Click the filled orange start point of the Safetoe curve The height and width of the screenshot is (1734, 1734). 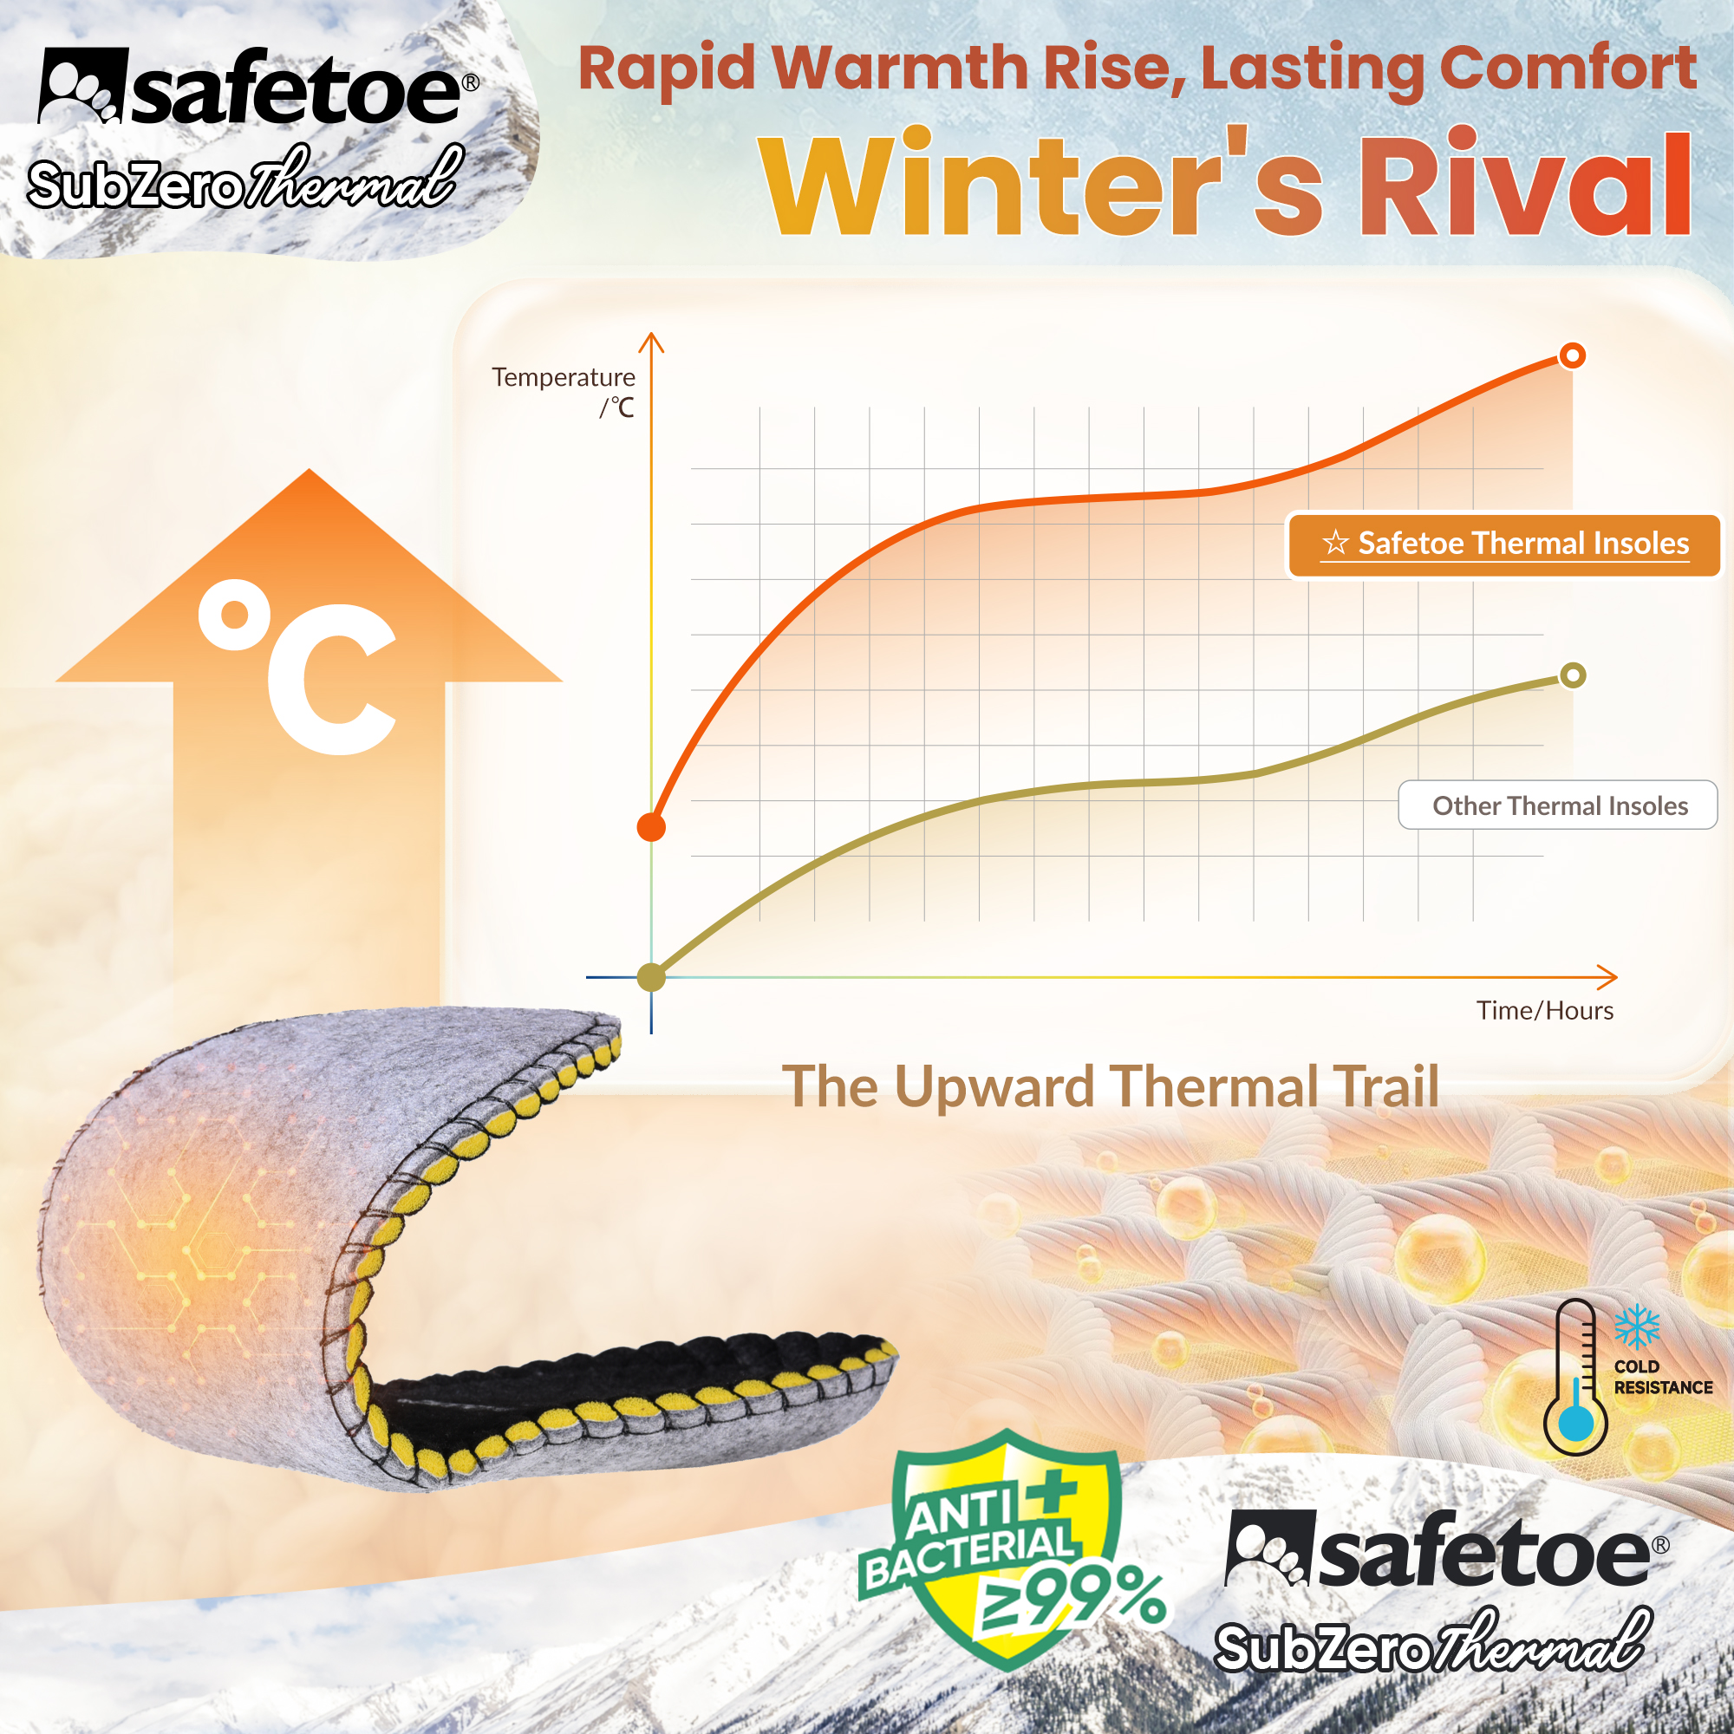click(651, 826)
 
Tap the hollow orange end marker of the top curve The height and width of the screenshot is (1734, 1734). click(1572, 355)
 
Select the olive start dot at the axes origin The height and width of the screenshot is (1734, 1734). click(651, 976)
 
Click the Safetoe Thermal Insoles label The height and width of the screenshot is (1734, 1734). click(1504, 544)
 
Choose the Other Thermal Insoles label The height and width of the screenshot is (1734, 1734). click(1558, 805)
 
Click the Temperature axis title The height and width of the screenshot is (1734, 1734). click(563, 378)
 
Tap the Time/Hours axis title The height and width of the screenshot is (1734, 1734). click(1545, 1011)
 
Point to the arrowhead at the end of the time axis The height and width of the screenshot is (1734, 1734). click(1609, 976)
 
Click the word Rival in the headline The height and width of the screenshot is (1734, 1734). click(1525, 186)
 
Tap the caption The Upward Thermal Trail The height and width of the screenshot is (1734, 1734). click(1111, 1087)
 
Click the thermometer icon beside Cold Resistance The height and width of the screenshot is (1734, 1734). click(1575, 1378)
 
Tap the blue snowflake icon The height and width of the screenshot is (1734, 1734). click(1637, 1327)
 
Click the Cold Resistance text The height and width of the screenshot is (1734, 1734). click(1662, 1377)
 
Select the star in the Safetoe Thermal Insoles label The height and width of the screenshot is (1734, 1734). click(1335, 543)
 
